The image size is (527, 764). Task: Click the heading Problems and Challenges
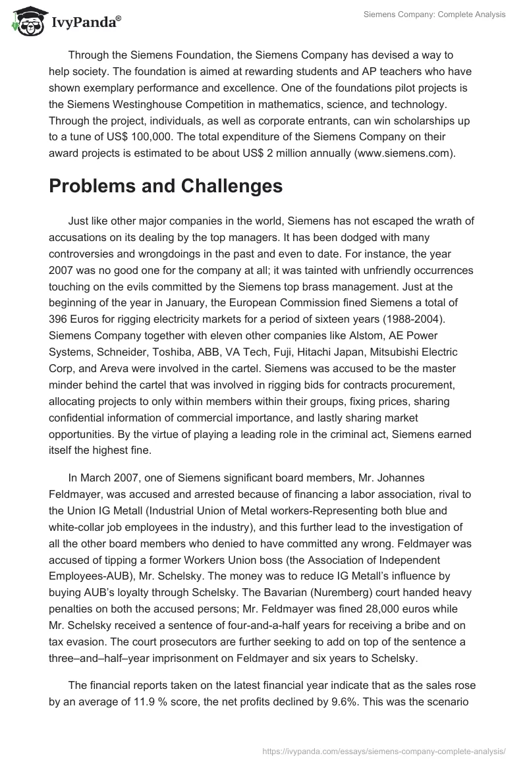165,186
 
